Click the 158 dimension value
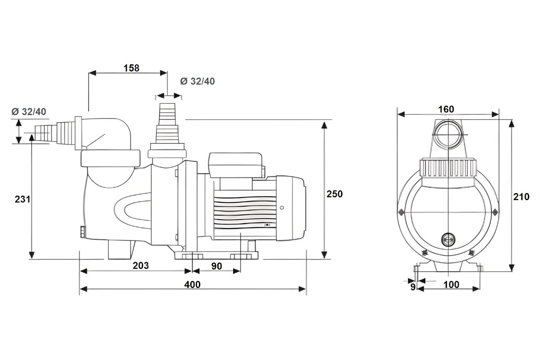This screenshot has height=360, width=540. pos(131,68)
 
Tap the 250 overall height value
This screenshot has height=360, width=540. pos(335,194)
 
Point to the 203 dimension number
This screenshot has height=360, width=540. pos(140,265)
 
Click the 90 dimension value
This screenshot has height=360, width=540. pos(216,266)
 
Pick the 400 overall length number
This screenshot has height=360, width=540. pos(192,284)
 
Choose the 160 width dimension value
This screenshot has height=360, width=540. pos(446,109)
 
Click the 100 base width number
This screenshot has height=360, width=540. pos(451,284)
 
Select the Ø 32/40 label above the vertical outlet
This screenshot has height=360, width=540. pos(197,81)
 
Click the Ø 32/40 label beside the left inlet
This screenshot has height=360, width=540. pos(29,112)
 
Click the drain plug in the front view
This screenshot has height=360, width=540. pos(448,239)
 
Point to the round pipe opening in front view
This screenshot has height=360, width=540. pos(448,135)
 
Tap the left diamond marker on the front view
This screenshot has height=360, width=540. pos(400,211)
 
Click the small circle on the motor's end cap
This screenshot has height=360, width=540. pos(282,208)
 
